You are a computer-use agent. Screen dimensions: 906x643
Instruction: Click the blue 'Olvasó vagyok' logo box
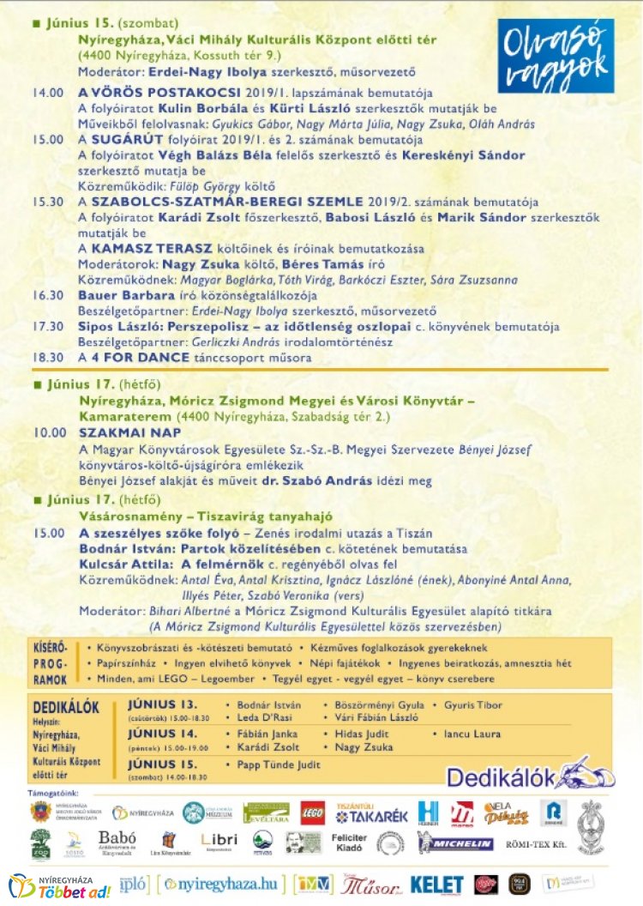[557, 57]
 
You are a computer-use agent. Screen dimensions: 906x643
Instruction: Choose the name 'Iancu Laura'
[472, 734]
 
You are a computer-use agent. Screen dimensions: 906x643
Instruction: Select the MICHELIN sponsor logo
[455, 843]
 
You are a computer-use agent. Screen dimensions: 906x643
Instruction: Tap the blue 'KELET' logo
[436, 885]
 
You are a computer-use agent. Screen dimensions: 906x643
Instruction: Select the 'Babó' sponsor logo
[117, 841]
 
